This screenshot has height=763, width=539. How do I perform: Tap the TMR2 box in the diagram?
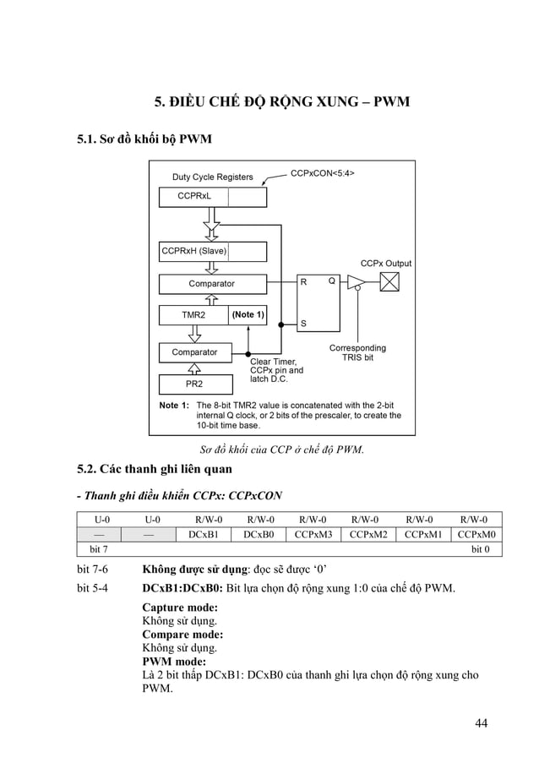click(x=194, y=315)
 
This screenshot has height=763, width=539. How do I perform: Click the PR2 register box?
click(x=193, y=384)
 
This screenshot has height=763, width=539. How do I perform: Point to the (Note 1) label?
click(x=248, y=315)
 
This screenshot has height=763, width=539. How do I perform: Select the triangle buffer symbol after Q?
click(x=356, y=282)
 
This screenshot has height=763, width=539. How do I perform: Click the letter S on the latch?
click(x=303, y=324)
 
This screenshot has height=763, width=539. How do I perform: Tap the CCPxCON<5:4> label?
click(x=322, y=173)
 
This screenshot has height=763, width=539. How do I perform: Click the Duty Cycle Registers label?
click(x=212, y=177)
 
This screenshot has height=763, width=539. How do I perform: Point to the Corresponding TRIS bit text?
click(x=357, y=353)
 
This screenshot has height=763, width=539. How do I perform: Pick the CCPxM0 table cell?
click(x=476, y=534)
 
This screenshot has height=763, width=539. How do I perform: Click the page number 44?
click(x=481, y=722)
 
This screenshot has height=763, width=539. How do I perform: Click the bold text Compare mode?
click(x=182, y=634)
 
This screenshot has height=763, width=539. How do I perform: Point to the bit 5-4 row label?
click(x=93, y=588)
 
